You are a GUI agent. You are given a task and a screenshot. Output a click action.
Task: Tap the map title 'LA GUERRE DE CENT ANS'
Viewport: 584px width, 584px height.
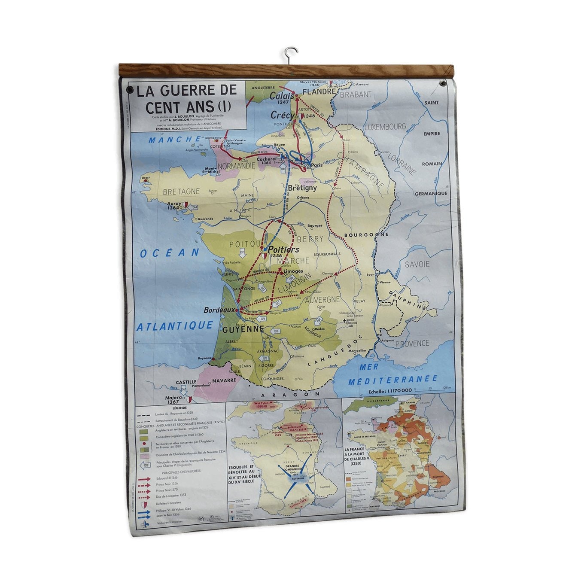coord(187,98)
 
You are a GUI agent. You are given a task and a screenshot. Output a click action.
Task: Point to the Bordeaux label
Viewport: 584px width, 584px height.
coord(220,310)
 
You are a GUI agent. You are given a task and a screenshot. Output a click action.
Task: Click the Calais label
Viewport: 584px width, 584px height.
coord(282,96)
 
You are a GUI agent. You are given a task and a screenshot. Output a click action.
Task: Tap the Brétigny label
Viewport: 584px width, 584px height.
coord(302,188)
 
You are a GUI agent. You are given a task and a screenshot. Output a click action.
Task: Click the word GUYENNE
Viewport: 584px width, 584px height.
coord(243,329)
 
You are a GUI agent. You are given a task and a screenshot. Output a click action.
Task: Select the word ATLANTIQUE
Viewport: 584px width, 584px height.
coord(175,326)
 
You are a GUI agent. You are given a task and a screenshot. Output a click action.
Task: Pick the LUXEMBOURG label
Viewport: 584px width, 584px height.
coord(385,127)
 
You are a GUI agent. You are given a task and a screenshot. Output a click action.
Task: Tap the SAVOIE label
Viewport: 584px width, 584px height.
coord(417,264)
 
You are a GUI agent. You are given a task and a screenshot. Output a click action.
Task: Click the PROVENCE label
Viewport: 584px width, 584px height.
coord(412,344)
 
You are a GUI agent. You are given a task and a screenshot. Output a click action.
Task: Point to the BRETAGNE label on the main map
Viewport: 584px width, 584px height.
coord(181,191)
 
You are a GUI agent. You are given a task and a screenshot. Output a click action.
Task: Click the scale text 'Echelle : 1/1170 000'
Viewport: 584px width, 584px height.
coord(390,391)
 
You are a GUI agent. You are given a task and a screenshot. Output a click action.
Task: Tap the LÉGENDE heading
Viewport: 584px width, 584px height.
coord(179,408)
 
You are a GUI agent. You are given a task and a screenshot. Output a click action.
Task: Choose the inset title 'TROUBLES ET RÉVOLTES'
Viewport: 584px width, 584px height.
coord(241,474)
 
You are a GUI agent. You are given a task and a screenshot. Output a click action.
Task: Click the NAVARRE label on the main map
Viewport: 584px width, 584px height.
coord(224,380)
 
